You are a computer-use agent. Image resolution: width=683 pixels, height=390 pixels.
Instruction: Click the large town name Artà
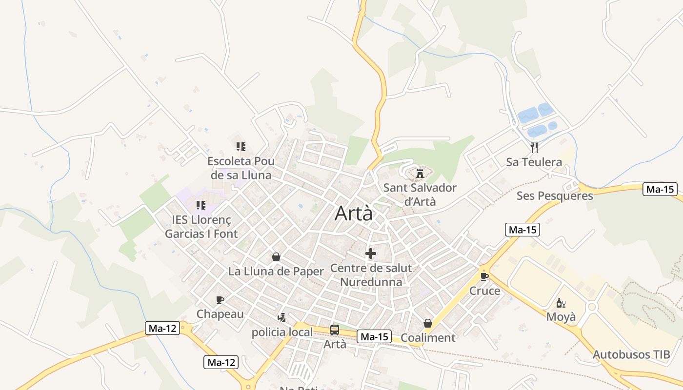[354, 214]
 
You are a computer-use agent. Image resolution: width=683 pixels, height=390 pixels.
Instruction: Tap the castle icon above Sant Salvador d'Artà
[420, 173]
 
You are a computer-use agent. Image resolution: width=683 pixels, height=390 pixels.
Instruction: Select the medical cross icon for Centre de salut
[371, 253]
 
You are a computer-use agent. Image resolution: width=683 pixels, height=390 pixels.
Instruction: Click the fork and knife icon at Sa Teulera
[534, 147]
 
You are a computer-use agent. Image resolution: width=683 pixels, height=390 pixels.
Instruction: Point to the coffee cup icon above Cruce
[484, 276]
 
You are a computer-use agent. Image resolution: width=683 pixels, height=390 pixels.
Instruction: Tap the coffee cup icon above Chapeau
[220, 300]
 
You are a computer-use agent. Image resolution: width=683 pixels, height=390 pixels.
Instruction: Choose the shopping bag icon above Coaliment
[428, 323]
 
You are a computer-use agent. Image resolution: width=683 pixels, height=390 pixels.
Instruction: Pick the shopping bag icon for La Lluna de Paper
[276, 257]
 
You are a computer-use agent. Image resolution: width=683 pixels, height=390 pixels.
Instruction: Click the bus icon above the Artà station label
[335, 330]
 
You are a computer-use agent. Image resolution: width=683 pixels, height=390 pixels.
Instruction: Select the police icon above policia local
[281, 318]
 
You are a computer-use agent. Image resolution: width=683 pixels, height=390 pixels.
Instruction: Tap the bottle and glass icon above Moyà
[561, 303]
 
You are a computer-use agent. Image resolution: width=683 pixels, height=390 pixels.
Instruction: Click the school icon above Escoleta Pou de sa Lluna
[241, 146]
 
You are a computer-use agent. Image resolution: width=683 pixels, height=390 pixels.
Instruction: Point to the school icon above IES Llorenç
[201, 205]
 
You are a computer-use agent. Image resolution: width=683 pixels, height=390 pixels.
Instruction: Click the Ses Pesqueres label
[555, 196]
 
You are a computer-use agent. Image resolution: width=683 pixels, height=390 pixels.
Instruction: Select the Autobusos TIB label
[631, 354]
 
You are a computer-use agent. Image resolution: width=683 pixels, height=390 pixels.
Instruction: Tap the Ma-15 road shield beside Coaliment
[374, 336]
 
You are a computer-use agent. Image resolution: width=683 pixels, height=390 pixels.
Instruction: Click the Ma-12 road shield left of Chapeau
[162, 328]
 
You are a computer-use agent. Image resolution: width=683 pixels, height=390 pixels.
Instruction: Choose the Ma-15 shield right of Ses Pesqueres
[660, 190]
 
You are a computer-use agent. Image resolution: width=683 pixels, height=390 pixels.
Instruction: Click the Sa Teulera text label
[534, 162]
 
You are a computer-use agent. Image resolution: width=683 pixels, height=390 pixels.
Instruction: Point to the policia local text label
[282, 332]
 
